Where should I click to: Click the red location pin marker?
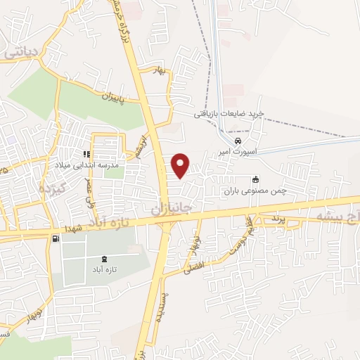(181, 165)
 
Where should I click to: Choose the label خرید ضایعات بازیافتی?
(229, 114)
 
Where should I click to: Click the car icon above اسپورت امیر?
(247, 141)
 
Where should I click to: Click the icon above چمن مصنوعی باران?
(255, 179)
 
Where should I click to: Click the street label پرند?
(275, 219)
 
